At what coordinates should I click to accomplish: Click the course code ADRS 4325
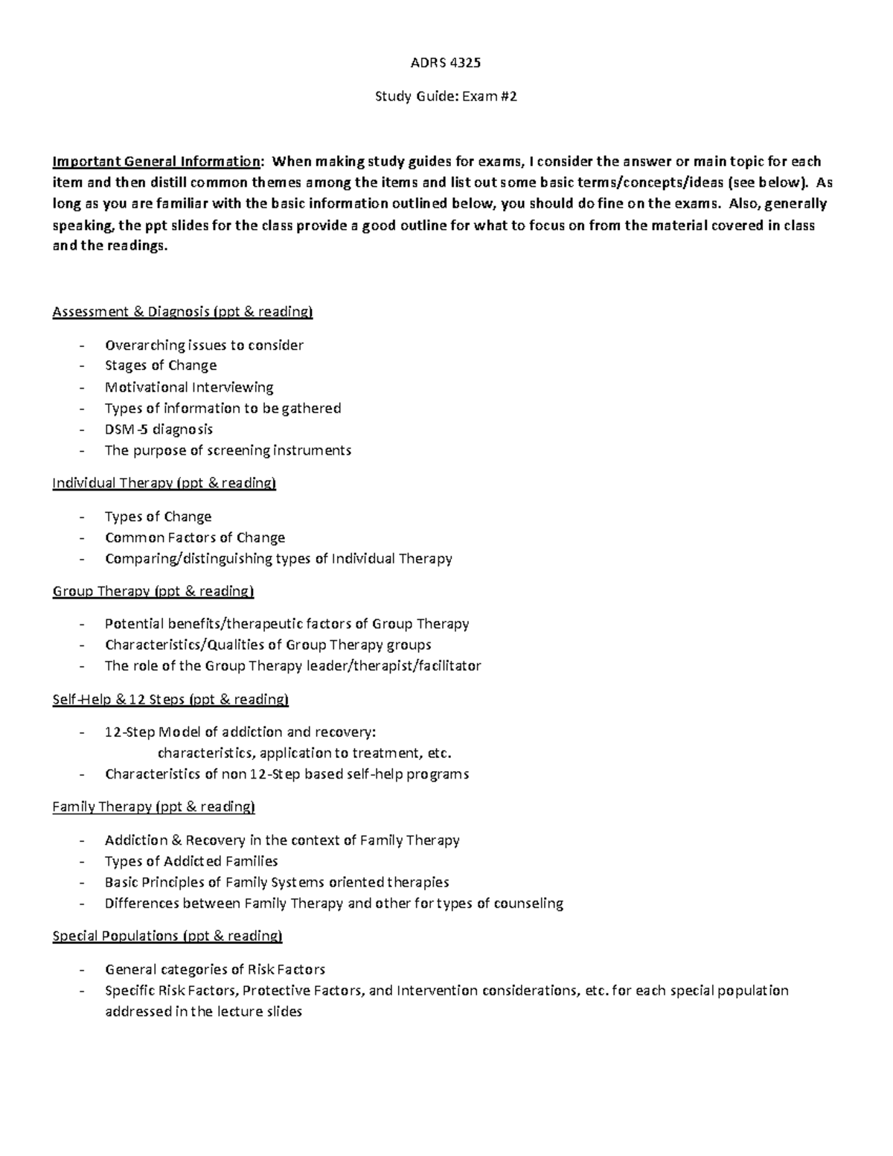446,63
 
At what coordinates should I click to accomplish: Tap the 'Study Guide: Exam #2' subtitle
446,96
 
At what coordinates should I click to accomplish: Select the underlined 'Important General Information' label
156,162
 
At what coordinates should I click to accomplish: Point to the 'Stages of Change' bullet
161,365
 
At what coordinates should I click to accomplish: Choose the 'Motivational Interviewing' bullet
189,387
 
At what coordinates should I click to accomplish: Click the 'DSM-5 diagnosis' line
159,429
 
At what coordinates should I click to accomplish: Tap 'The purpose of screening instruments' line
228,450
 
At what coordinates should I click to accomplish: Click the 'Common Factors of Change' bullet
195,537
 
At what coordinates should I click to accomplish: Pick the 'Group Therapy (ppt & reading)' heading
153,591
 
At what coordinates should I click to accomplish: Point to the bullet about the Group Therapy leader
292,665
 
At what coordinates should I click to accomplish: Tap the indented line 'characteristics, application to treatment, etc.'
304,753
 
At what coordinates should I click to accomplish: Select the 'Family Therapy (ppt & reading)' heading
153,807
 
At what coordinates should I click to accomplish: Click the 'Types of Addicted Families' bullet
191,861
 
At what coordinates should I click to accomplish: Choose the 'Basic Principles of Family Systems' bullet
277,882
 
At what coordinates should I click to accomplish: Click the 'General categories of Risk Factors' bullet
215,969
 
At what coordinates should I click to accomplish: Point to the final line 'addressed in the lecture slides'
203,1012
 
